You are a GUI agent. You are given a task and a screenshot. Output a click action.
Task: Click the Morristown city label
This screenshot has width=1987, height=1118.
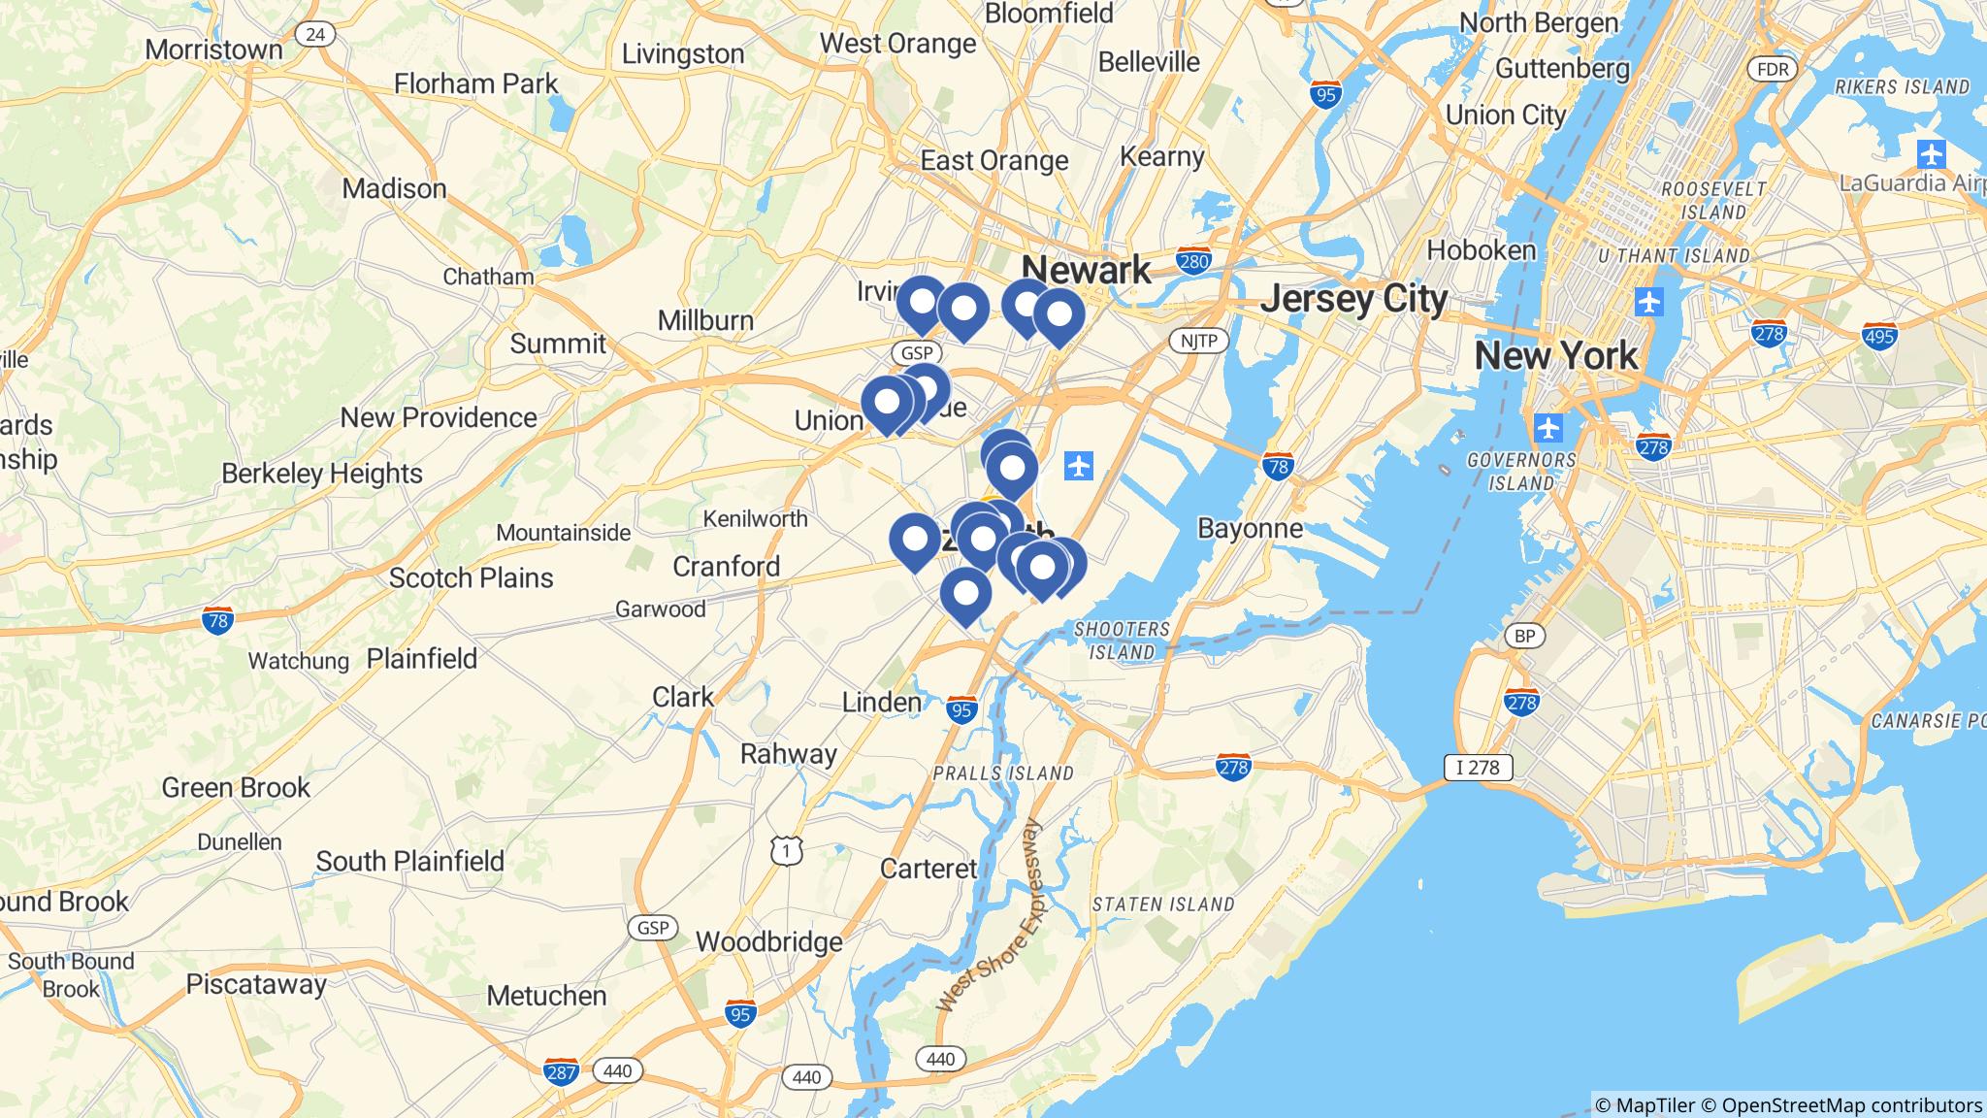pyautogui.click(x=213, y=49)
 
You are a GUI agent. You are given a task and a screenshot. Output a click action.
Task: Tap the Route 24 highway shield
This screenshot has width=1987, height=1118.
pyautogui.click(x=314, y=35)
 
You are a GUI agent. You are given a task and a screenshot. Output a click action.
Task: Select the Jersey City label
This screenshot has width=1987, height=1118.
pyautogui.click(x=1353, y=299)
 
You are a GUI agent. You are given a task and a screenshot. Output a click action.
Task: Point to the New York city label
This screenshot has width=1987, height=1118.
pyautogui.click(x=1555, y=356)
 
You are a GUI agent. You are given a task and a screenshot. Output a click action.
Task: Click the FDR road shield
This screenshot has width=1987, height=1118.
pyautogui.click(x=1772, y=69)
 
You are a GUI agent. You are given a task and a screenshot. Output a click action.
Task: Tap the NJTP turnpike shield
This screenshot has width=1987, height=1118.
pyautogui.click(x=1199, y=341)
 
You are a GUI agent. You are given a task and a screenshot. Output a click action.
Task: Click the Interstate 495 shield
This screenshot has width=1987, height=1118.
pyautogui.click(x=1878, y=336)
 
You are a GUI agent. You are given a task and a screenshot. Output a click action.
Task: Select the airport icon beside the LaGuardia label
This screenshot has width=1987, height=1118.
pyautogui.click(x=1932, y=153)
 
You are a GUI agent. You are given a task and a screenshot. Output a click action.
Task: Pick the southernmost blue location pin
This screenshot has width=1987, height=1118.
pyautogui.click(x=965, y=594)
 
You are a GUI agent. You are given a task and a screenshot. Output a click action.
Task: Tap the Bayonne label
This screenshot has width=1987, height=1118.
pyautogui.click(x=1250, y=528)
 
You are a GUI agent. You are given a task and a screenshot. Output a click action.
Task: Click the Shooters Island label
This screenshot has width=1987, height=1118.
pyautogui.click(x=1122, y=641)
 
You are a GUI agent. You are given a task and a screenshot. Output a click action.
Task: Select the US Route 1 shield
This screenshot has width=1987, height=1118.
pyautogui.click(x=787, y=851)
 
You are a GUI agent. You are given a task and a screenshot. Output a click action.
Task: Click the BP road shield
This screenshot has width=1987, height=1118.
pyautogui.click(x=1524, y=636)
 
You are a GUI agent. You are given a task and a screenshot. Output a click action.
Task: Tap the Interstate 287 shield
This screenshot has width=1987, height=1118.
pyautogui.click(x=562, y=1072)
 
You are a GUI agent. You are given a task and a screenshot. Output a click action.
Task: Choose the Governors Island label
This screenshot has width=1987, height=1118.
pyautogui.click(x=1521, y=471)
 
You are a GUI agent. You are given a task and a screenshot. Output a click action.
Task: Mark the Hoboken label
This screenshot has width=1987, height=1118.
pyautogui.click(x=1481, y=250)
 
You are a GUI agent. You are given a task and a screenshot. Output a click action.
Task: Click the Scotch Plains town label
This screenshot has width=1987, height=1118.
pyautogui.click(x=471, y=577)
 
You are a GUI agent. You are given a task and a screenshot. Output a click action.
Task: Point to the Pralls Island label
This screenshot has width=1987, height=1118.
pyautogui.click(x=1002, y=773)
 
